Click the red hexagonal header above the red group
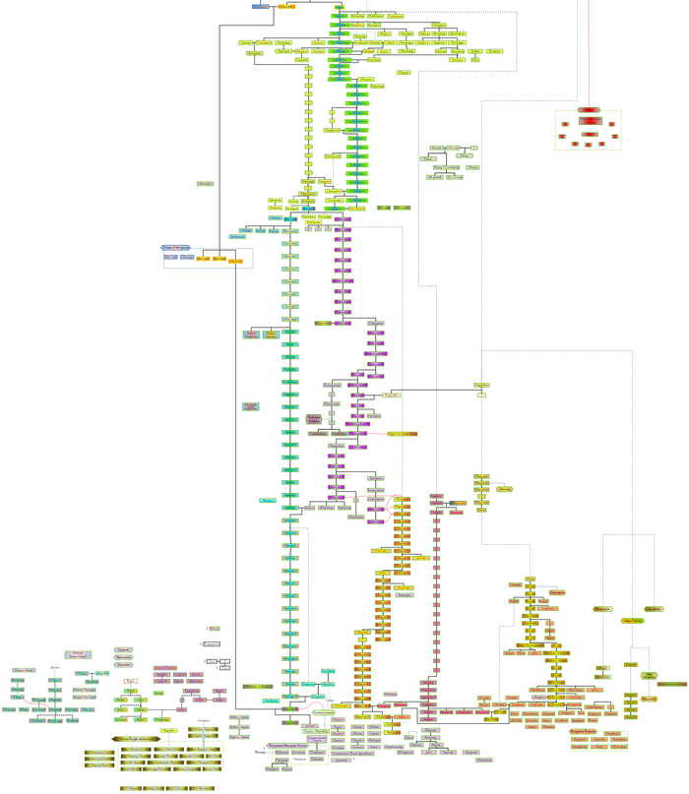(589, 109)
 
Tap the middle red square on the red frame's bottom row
(589, 144)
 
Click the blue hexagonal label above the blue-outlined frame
(175, 248)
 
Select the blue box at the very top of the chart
(260, 6)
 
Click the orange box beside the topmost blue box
(285, 6)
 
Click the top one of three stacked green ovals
(123, 650)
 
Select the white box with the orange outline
(130, 681)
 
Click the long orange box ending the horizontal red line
(401, 433)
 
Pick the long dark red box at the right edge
(671, 684)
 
